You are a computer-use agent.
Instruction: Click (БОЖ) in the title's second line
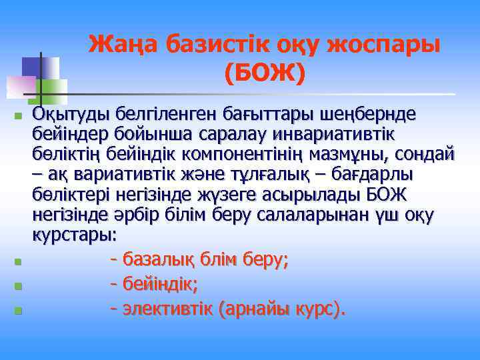coord(265,73)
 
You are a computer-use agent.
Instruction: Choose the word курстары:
coord(74,237)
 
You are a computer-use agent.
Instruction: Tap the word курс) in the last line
coord(318,309)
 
